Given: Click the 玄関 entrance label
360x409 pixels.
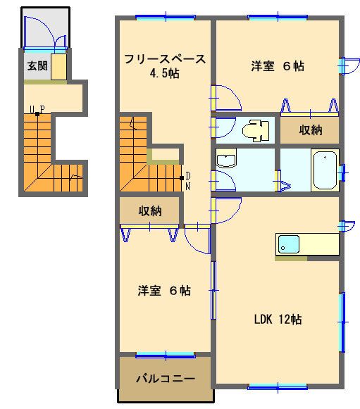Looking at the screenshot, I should click(37, 68).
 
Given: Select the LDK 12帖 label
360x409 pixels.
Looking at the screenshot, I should click(278, 319).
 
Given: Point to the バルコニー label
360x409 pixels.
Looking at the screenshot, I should click(165, 379).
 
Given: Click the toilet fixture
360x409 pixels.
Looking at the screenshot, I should click(254, 130).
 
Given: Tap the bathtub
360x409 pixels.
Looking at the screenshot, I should click(325, 170).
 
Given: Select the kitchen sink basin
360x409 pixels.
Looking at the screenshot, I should click(288, 245).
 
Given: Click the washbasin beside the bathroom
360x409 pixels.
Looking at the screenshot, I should click(226, 161).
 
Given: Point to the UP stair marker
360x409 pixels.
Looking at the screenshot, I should click(37, 109).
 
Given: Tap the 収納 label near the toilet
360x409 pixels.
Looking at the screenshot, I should click(311, 130).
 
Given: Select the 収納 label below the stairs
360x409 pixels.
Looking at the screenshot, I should click(150, 210).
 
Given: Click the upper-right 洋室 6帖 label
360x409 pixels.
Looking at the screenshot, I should click(278, 67).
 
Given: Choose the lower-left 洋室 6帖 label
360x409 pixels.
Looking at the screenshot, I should click(164, 290).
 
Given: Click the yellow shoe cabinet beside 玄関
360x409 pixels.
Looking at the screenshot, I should click(58, 67).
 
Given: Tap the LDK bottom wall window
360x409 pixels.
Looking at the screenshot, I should click(278, 385).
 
